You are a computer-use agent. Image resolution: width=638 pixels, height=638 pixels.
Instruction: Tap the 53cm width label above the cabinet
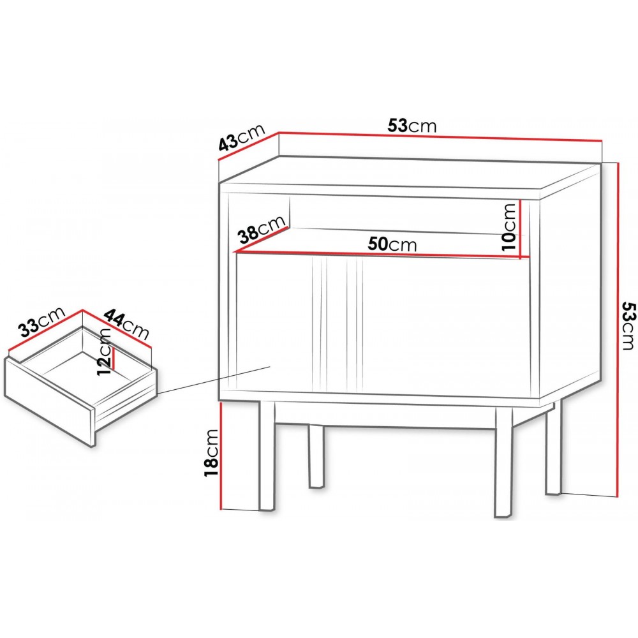(x=412, y=126)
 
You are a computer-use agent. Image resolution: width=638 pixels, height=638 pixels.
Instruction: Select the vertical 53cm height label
(x=628, y=325)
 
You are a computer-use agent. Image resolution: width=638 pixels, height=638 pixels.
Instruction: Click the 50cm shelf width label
(x=392, y=244)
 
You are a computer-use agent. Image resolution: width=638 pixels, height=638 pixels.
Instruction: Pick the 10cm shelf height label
(x=509, y=226)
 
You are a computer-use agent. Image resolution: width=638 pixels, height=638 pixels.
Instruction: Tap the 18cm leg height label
(x=212, y=452)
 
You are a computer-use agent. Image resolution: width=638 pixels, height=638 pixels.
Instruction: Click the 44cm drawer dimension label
(x=127, y=324)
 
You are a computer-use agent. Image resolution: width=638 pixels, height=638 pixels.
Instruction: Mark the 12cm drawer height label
(x=104, y=352)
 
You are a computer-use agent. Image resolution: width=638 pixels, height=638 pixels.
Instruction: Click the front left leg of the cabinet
(x=267, y=456)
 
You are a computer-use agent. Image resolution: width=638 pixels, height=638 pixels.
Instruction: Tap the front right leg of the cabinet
(x=504, y=462)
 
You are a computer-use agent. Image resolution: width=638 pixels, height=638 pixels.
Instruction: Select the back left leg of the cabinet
(x=316, y=456)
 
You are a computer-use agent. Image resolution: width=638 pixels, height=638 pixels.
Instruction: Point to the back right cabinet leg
(x=554, y=448)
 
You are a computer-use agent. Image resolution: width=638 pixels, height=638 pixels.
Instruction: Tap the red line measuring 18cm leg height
(x=221, y=456)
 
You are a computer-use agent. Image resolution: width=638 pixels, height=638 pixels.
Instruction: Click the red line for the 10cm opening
(x=521, y=229)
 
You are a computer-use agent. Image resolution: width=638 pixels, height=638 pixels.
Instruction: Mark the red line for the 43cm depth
(x=249, y=145)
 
